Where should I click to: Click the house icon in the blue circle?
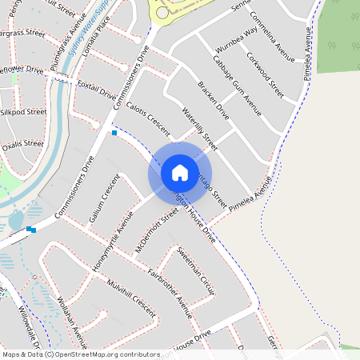pos(180,172)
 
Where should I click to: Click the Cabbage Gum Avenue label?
pos(237,83)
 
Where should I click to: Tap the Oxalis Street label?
pos(22,145)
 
